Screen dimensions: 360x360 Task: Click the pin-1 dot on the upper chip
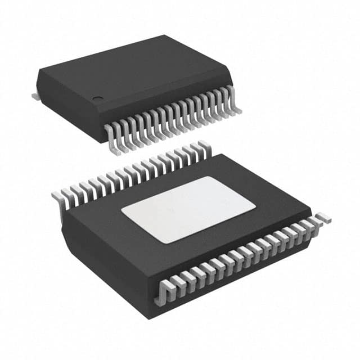point(98,100)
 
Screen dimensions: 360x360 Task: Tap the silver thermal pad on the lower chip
point(188,209)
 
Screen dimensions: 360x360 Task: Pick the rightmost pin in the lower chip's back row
point(204,147)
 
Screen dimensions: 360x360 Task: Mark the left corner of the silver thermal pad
point(122,211)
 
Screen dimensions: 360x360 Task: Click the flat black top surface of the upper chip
point(135,67)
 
